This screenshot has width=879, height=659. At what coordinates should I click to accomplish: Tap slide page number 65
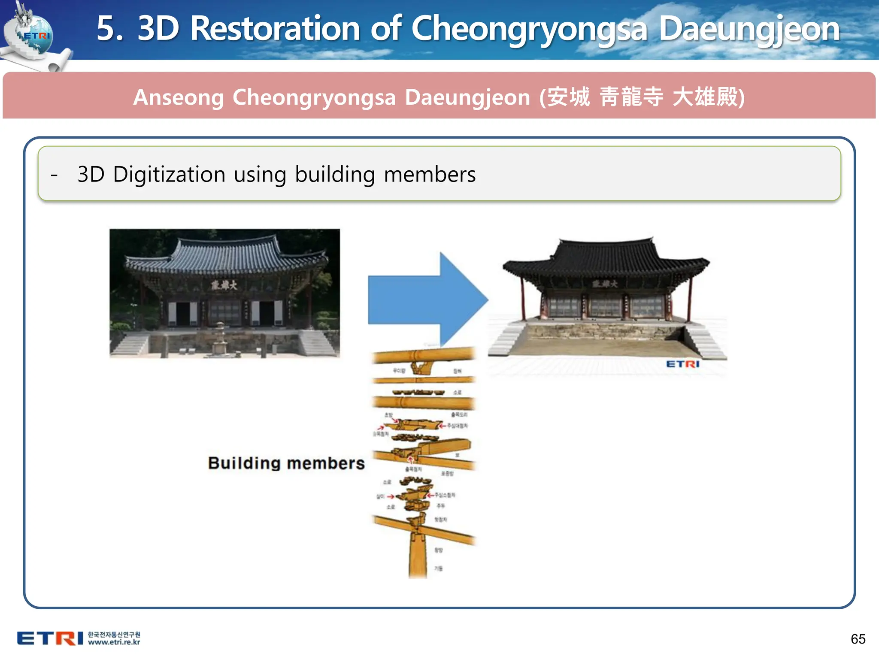(x=858, y=639)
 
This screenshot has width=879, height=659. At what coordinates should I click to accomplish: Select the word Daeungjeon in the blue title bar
(x=749, y=29)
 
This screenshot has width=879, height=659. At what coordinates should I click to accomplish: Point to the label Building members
(x=286, y=463)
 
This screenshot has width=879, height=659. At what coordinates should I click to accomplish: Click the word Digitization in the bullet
(x=169, y=175)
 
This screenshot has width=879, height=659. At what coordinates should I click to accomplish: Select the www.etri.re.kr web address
(x=114, y=642)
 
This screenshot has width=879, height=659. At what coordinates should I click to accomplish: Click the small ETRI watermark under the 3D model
(x=682, y=364)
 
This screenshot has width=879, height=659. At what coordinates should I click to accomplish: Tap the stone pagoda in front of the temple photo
(x=220, y=339)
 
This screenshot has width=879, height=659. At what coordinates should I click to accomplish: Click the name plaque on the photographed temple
(x=224, y=285)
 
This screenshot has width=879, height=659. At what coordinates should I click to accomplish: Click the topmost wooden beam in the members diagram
(x=423, y=356)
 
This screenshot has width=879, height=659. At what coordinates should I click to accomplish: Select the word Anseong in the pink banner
(x=179, y=97)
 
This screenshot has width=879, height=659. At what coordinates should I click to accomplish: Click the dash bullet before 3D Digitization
(x=54, y=175)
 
